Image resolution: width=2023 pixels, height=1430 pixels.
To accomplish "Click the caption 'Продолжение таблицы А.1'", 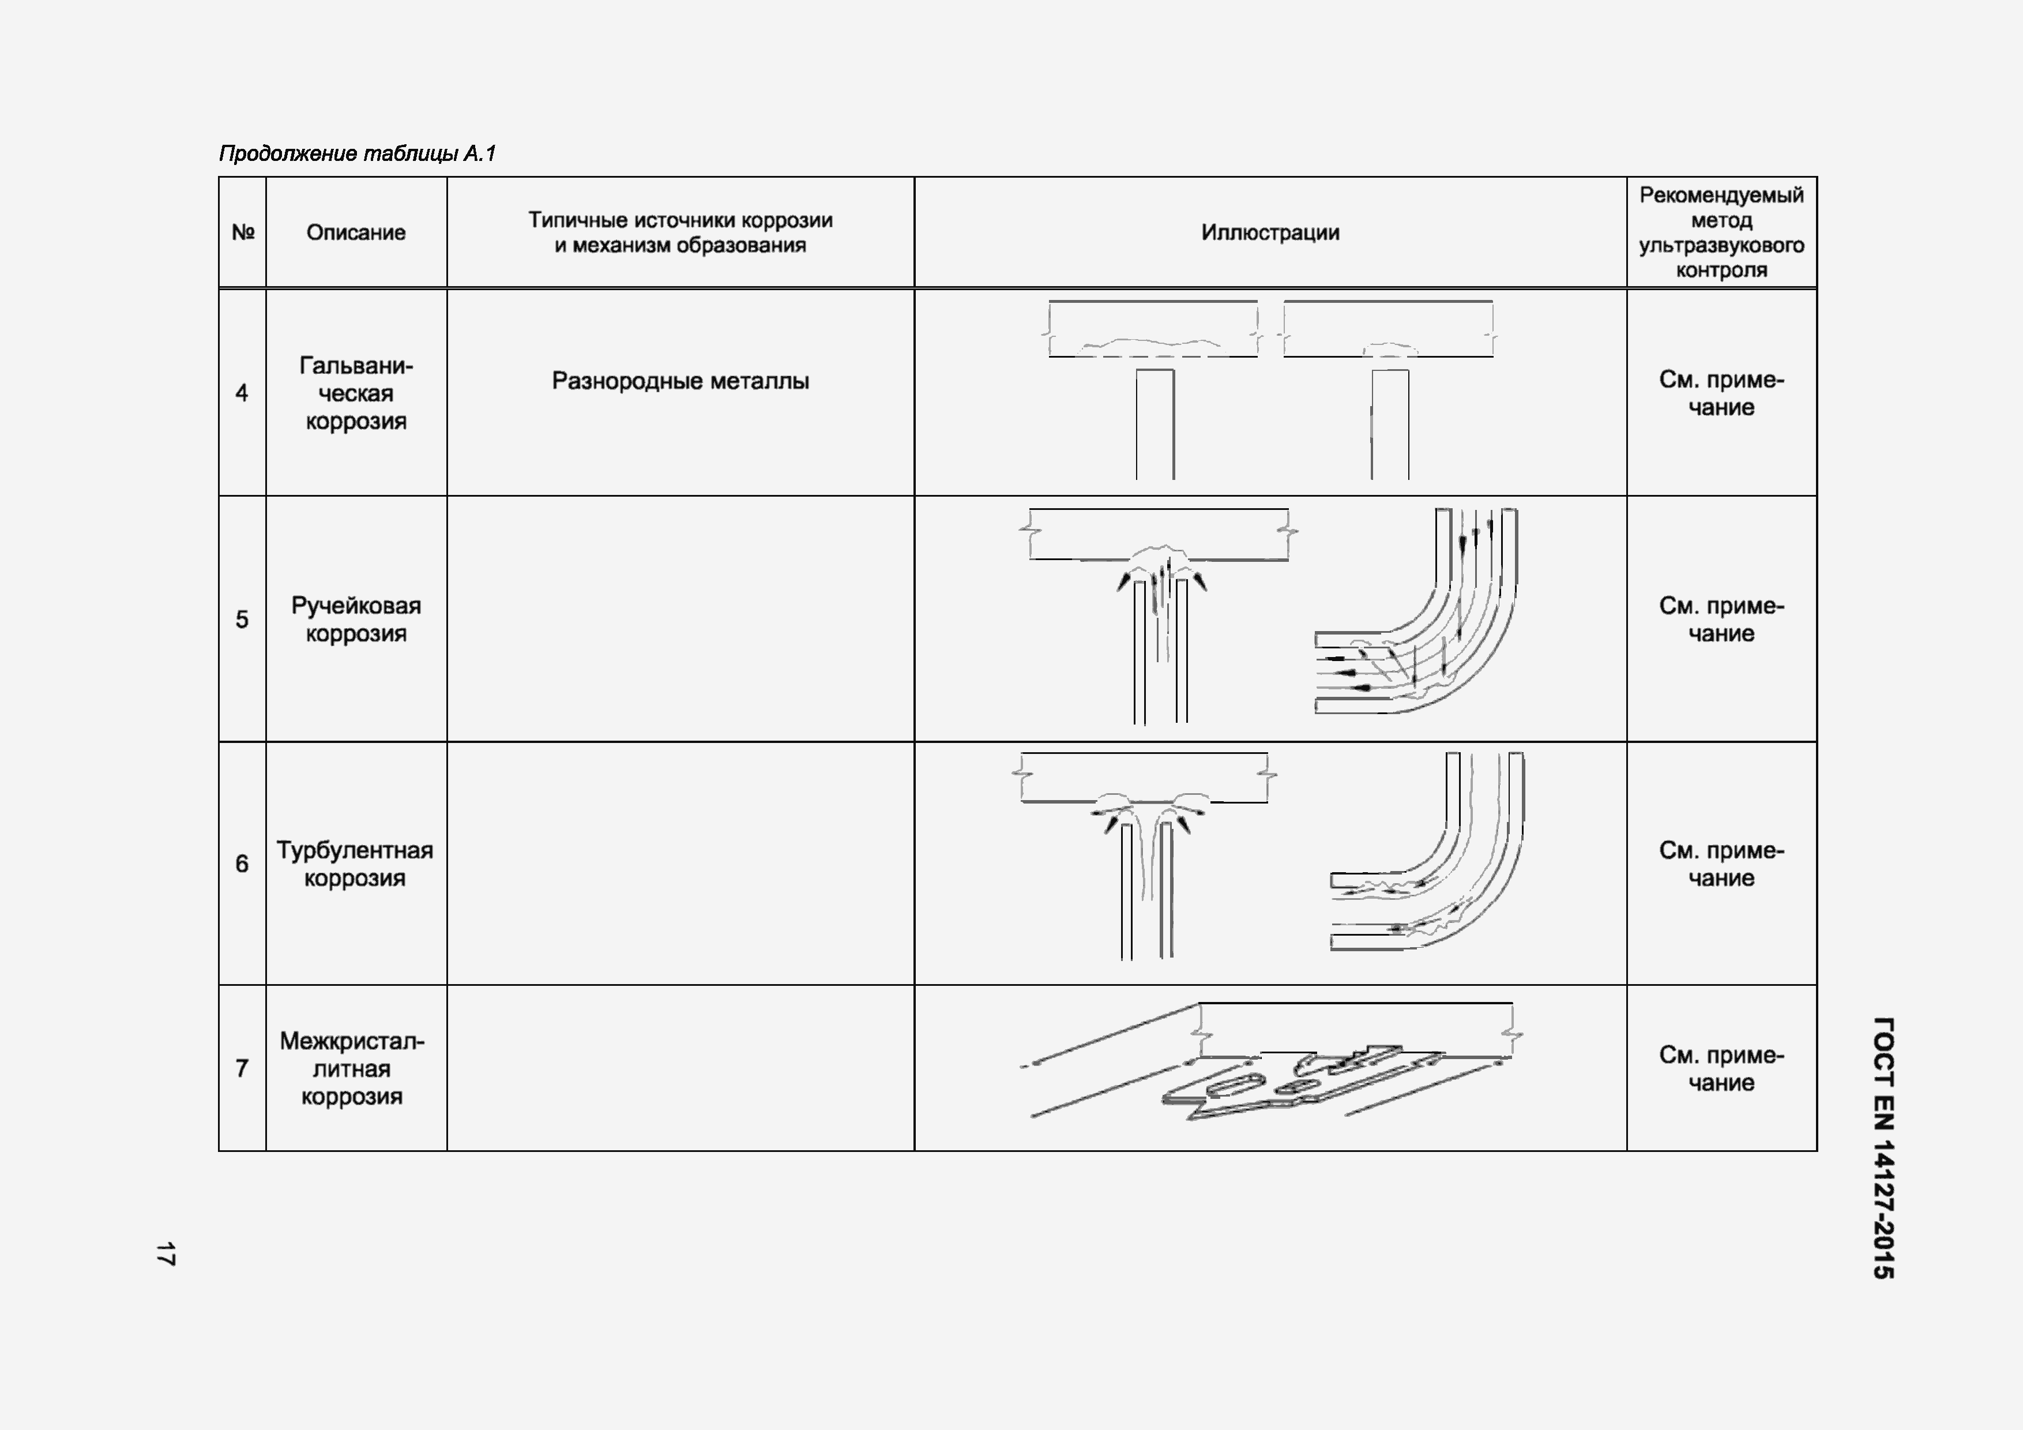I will point(357,154).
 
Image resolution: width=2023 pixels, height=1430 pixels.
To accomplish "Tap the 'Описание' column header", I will point(356,232).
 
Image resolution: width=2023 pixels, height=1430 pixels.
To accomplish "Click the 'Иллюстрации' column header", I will point(1270,232).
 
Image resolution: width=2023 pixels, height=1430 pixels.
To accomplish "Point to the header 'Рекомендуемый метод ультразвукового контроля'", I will point(1721,232).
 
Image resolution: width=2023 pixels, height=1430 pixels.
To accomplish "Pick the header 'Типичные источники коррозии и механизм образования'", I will point(680,232).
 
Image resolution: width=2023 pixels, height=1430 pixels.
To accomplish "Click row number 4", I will point(242,393).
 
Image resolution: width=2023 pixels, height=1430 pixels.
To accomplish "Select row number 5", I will point(242,620).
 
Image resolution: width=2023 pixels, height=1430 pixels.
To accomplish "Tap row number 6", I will point(242,864).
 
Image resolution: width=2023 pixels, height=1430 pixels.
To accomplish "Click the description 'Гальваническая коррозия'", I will point(356,393).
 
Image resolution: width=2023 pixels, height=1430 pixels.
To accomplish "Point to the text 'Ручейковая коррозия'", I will point(356,620).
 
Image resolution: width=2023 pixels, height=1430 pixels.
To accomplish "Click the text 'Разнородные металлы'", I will point(680,381).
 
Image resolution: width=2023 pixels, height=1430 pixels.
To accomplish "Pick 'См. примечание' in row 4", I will point(1721,393).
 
